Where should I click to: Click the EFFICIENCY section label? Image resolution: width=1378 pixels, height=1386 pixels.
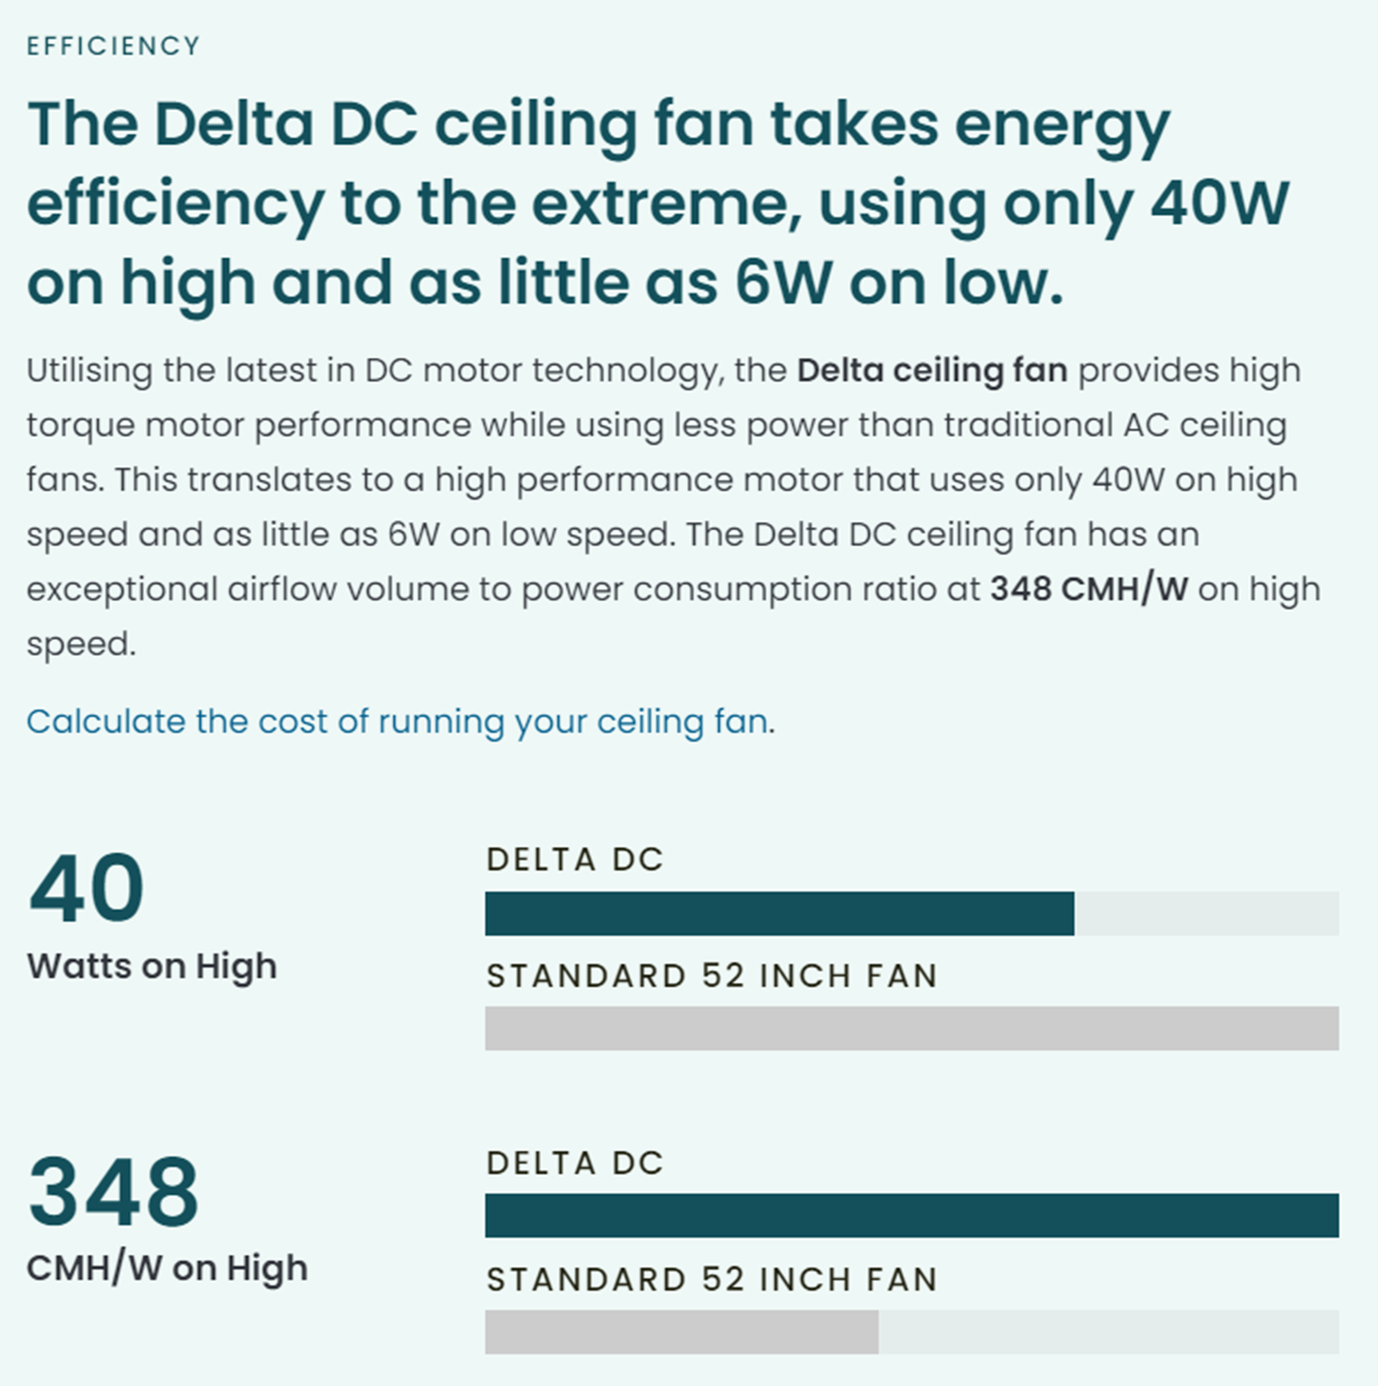(x=113, y=46)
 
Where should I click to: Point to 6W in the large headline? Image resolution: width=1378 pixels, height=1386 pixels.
(x=783, y=282)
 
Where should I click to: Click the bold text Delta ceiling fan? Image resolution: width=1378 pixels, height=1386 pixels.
(x=932, y=371)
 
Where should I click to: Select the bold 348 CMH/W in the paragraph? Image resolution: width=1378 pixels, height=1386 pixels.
(x=1089, y=590)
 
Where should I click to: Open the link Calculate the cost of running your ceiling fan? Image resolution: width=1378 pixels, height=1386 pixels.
(x=397, y=722)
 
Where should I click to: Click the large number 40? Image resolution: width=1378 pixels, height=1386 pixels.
(x=86, y=888)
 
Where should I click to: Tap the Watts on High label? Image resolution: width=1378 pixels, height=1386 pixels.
(x=152, y=966)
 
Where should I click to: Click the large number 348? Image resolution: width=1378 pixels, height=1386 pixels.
(x=113, y=1191)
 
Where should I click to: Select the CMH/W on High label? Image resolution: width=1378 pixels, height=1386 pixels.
(x=167, y=1268)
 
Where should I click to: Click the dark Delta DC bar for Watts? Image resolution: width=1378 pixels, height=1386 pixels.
(x=779, y=913)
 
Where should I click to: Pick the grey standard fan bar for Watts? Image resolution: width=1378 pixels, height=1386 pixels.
(x=911, y=1028)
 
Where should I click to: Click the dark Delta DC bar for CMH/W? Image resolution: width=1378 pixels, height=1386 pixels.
(x=911, y=1216)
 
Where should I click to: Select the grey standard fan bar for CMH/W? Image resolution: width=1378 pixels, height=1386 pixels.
(x=681, y=1332)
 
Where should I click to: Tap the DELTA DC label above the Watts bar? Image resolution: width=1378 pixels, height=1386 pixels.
(x=575, y=860)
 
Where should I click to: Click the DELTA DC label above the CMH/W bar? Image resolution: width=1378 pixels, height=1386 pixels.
(x=575, y=1163)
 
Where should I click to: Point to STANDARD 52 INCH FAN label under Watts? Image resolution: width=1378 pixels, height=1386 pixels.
(x=711, y=976)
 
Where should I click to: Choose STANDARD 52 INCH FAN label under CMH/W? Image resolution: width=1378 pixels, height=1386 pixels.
(x=711, y=1279)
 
